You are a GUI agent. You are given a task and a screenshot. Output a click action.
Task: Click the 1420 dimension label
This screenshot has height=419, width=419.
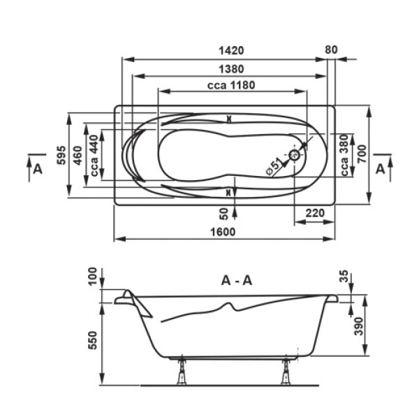pyautogui.click(x=231, y=50)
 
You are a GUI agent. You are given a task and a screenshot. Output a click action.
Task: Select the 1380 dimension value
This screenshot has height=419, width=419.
pyautogui.click(x=231, y=69)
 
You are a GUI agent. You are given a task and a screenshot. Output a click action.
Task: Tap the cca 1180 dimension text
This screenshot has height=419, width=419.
pyautogui.click(x=231, y=85)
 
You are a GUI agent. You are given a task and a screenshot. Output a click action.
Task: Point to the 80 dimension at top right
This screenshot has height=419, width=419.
pyautogui.click(x=331, y=50)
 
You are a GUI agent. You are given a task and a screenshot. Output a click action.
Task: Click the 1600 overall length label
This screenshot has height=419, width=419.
pyautogui.click(x=223, y=232)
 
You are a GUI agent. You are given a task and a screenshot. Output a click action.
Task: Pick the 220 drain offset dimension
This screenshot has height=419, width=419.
pyautogui.click(x=315, y=213)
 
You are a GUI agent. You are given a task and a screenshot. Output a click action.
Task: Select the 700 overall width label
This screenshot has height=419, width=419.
pyautogui.click(x=362, y=154)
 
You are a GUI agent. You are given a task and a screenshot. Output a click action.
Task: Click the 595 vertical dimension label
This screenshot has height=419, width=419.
pyautogui.click(x=61, y=155)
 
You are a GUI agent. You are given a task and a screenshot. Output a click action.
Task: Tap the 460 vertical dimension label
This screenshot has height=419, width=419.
pyautogui.click(x=78, y=156)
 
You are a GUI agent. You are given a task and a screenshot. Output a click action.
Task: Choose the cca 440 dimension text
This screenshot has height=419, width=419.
pyautogui.click(x=94, y=156)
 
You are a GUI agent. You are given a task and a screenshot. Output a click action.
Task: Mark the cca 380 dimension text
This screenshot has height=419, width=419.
pyautogui.click(x=345, y=155)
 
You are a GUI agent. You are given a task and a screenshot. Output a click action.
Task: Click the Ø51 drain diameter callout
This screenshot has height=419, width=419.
pyautogui.click(x=274, y=166)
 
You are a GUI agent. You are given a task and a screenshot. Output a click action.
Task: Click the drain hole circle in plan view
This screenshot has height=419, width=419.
pyautogui.click(x=295, y=155)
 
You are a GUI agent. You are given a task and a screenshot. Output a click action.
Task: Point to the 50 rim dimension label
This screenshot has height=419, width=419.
pyautogui.click(x=224, y=214)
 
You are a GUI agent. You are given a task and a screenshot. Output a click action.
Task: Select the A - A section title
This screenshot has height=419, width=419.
pyautogui.click(x=237, y=281)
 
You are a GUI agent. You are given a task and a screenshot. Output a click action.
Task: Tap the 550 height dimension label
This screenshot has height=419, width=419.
pyautogui.click(x=93, y=340)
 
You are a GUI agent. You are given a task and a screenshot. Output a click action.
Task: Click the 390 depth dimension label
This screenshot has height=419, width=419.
pyautogui.click(x=359, y=326)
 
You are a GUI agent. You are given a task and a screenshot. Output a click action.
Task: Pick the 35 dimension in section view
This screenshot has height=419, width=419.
pyautogui.click(x=344, y=277)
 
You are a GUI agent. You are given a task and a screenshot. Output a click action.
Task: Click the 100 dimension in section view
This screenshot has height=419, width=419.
pyautogui.click(x=93, y=277)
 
